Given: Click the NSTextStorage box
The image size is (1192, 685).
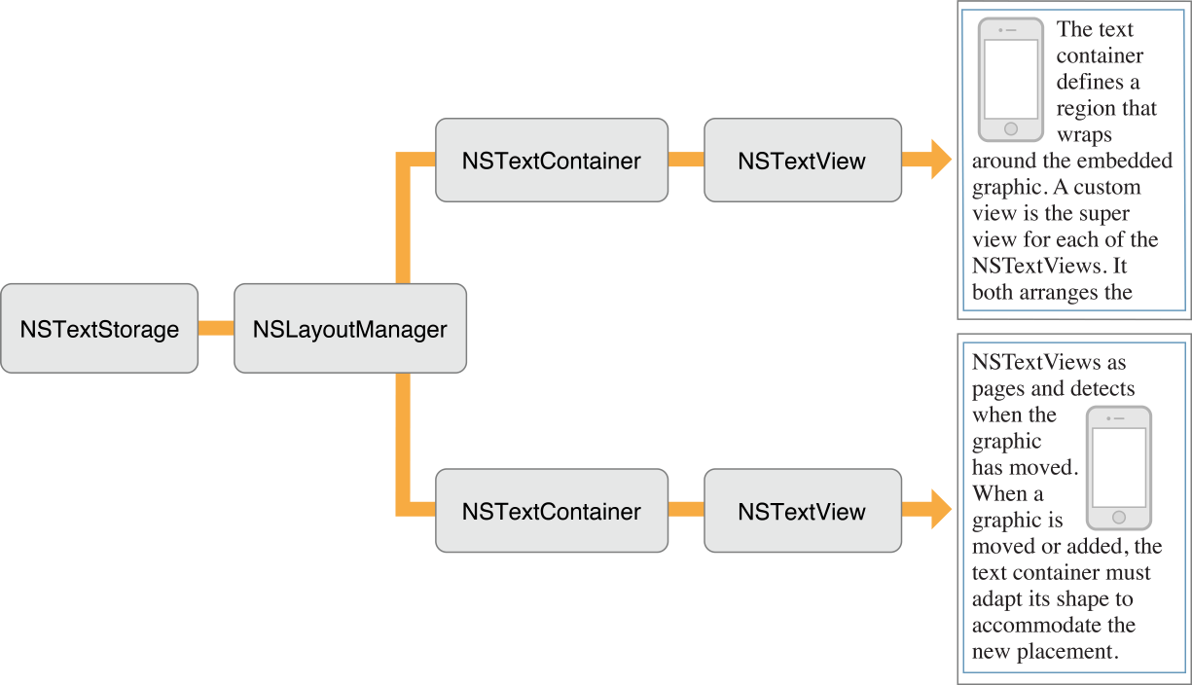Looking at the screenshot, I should click(x=99, y=329).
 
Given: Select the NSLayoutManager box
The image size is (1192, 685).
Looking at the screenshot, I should click(x=350, y=329).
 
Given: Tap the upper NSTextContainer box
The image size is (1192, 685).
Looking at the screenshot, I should click(x=552, y=161).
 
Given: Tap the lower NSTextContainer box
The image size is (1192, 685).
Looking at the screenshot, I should click(x=552, y=511).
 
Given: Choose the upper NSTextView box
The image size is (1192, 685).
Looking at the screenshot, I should click(x=803, y=161).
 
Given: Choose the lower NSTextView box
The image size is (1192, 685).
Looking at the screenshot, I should click(x=803, y=511).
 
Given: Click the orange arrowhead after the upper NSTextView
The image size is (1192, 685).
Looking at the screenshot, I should click(x=939, y=160).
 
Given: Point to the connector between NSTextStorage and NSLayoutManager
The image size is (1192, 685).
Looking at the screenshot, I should click(x=216, y=329).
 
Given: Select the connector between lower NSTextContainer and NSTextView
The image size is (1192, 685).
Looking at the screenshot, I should click(x=686, y=510).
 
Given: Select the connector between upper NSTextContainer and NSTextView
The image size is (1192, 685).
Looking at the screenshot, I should click(x=686, y=160).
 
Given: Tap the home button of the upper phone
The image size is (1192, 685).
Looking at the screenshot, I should click(x=1010, y=128).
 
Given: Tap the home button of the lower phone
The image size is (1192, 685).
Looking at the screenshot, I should click(x=1118, y=517).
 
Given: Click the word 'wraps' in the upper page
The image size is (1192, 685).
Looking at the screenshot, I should click(x=1084, y=134).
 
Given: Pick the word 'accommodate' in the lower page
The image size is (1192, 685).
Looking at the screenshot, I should click(x=1030, y=625).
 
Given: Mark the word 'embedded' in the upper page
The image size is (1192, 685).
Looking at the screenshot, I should click(x=1134, y=161).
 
